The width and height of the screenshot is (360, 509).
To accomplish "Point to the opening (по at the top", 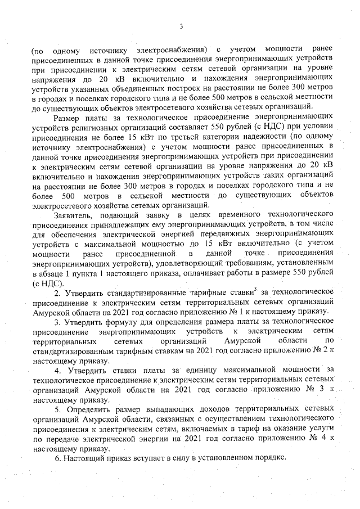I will pos(39,52).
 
